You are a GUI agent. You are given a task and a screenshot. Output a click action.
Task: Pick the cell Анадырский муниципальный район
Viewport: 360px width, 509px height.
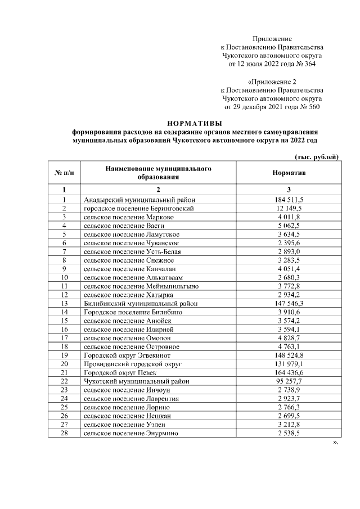pyautogui.click(x=139, y=200)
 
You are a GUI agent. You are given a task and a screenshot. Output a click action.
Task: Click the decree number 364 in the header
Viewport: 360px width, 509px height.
pyautogui.click(x=309, y=64)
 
